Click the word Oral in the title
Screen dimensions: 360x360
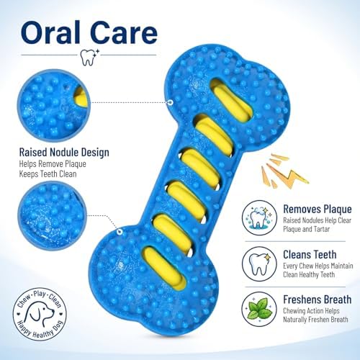[50, 32]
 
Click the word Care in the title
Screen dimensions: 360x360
[125, 32]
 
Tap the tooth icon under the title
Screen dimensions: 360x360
[90, 58]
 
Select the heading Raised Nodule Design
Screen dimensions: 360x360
[64, 153]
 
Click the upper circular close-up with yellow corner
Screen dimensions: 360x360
[54, 105]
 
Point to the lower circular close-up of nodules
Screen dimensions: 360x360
[52, 215]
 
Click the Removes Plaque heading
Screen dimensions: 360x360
[318, 210]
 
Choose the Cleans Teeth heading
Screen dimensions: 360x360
[310, 255]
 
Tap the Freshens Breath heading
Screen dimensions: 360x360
[317, 300]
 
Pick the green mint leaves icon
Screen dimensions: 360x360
[260, 309]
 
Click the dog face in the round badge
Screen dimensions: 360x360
[40, 315]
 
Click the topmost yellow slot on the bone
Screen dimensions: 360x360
[232, 101]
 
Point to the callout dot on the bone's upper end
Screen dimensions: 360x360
[171, 102]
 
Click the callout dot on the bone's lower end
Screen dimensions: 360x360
[120, 232]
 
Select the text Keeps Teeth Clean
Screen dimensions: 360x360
[48, 174]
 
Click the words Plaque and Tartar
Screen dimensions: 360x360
[307, 229]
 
